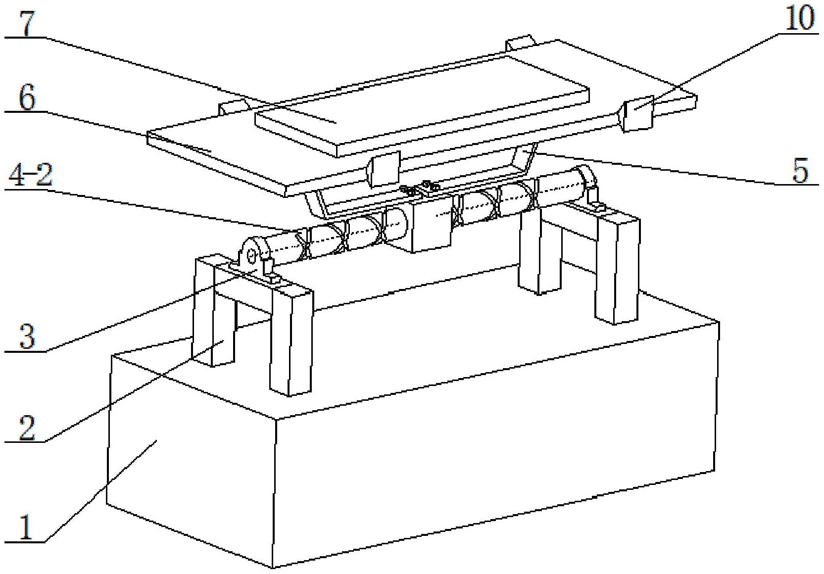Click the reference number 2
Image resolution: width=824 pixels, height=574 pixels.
[x=27, y=428]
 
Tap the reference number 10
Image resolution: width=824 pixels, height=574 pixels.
[x=800, y=18]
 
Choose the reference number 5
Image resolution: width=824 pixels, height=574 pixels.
[x=800, y=170]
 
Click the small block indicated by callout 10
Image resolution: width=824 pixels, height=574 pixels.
[x=637, y=113]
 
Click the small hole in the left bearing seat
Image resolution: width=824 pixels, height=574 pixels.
[x=251, y=256]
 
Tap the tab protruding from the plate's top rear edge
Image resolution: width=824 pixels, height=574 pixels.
[x=520, y=44]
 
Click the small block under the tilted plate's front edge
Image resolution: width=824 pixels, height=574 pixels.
[x=384, y=170]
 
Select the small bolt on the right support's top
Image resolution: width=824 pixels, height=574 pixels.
[x=599, y=206]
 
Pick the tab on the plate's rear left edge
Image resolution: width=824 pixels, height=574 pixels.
[x=234, y=107]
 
